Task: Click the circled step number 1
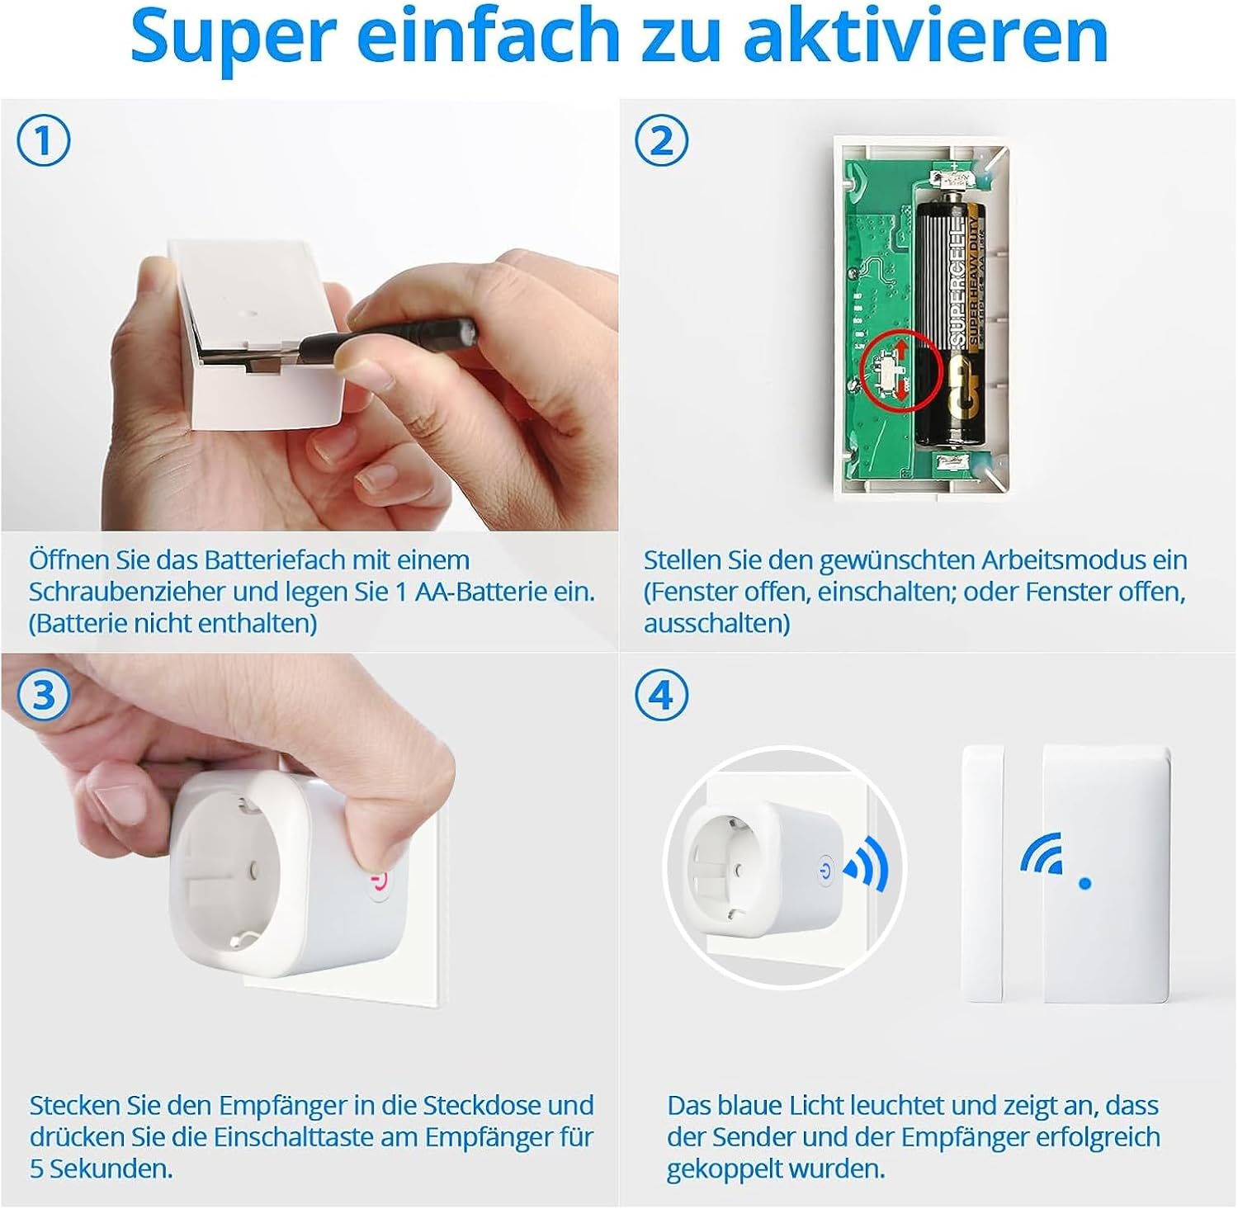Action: click(44, 140)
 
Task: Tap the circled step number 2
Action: click(661, 140)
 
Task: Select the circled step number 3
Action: click(44, 695)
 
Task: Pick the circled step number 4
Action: click(661, 695)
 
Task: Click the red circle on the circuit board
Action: click(900, 370)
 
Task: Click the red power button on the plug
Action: click(379, 883)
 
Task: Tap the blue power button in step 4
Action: click(824, 870)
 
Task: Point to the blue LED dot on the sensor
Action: click(1084, 883)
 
